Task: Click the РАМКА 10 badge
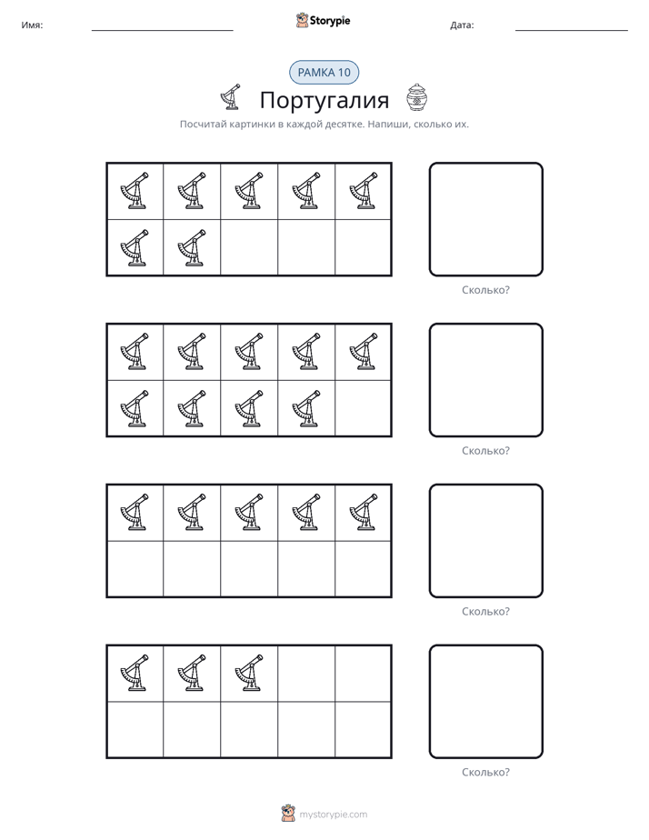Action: pyautogui.click(x=324, y=73)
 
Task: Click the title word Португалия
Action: pyautogui.click(x=324, y=100)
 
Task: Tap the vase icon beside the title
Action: pyautogui.click(x=416, y=97)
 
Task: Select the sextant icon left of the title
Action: pyautogui.click(x=231, y=97)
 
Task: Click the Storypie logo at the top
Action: pyautogui.click(x=323, y=21)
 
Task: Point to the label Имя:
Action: pyautogui.click(x=32, y=25)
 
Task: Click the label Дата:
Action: pyautogui.click(x=462, y=25)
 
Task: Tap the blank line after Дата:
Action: pyautogui.click(x=572, y=31)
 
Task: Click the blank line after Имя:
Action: pyautogui.click(x=162, y=31)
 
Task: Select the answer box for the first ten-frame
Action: pyautogui.click(x=430, y=220)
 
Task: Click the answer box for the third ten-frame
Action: pyautogui.click(x=430, y=541)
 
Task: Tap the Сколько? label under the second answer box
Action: pyautogui.click(x=485, y=451)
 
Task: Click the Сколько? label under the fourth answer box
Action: pyautogui.click(x=485, y=772)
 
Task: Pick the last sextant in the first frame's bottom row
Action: pyautogui.click(x=192, y=248)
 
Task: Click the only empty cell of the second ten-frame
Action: pyautogui.click(x=363, y=409)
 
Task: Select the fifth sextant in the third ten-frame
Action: pyautogui.click(x=364, y=512)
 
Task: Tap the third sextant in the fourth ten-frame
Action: pyautogui.click(x=249, y=673)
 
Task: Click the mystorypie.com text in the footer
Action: pyautogui.click(x=333, y=815)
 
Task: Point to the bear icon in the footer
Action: pyautogui.click(x=288, y=814)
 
